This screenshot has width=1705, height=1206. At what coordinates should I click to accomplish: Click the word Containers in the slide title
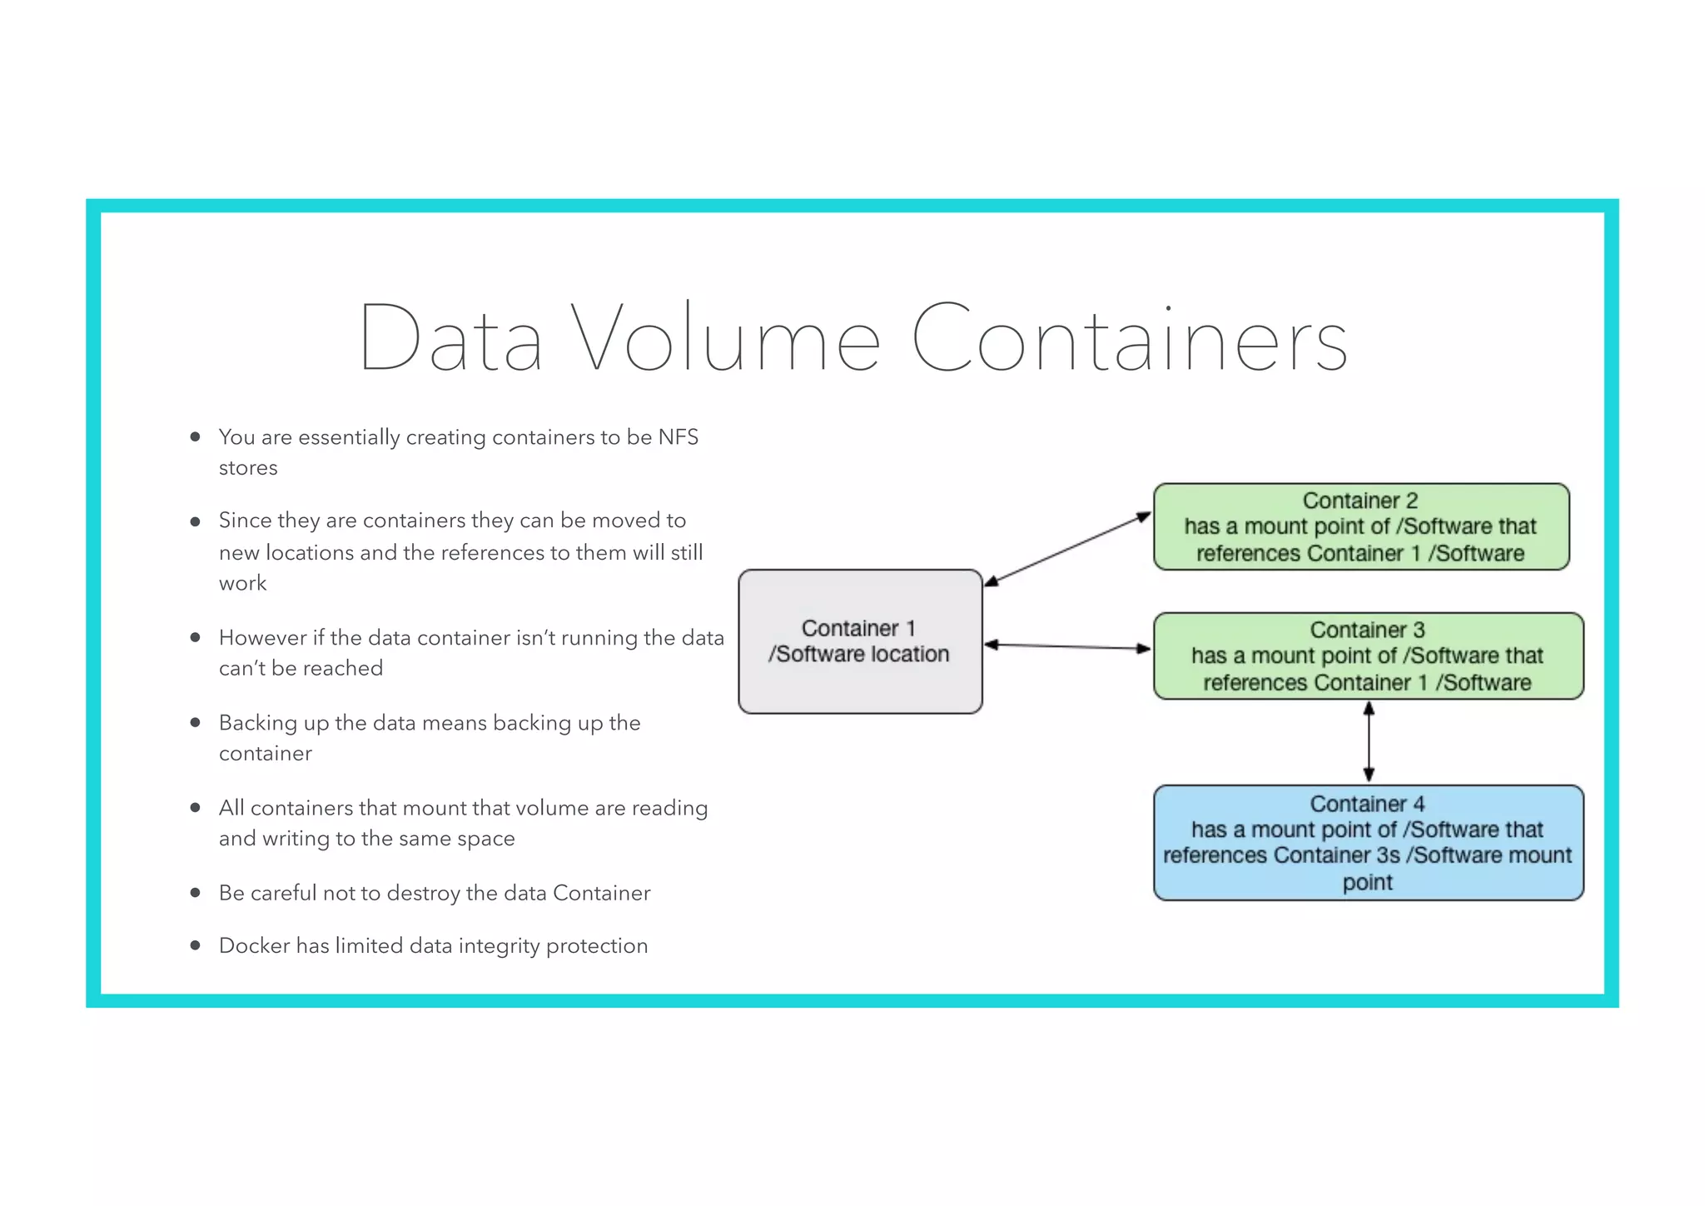click(1129, 338)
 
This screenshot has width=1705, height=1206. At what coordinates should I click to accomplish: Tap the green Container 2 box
click(1360, 526)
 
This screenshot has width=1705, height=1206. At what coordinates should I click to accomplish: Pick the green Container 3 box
click(1367, 655)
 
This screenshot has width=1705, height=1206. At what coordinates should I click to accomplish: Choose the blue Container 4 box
click(1367, 842)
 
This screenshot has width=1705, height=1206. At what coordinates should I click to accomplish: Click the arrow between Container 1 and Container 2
click(1067, 548)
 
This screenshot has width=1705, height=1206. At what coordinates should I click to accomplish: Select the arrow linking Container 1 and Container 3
click(1067, 646)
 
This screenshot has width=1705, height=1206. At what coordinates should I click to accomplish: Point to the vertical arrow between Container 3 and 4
click(1368, 741)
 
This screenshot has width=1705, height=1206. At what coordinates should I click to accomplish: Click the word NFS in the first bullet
click(678, 437)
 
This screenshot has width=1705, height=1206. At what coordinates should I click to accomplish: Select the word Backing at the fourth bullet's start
click(257, 723)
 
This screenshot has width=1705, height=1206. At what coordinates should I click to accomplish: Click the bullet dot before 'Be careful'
click(195, 893)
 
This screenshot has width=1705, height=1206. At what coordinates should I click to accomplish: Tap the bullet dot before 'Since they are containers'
click(195, 521)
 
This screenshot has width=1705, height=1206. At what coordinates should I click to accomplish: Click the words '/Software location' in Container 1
click(857, 655)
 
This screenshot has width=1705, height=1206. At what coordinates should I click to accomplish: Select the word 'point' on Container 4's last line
click(1366, 882)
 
